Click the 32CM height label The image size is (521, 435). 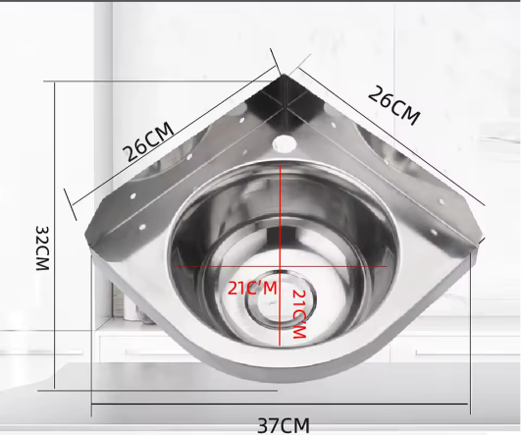coord(43,248)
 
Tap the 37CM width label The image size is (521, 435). coord(284,426)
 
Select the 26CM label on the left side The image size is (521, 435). coord(148,142)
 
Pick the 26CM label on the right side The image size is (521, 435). coord(394,105)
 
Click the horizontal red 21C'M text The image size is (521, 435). coord(252,289)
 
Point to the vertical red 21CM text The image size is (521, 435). coord(298,314)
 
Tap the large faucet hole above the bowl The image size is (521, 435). coord(284,143)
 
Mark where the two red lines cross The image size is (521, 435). coord(281,266)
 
